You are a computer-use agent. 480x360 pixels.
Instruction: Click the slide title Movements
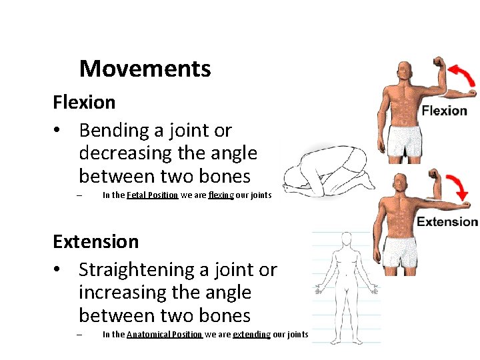tap(145, 69)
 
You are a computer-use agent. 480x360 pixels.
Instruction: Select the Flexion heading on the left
tap(84, 103)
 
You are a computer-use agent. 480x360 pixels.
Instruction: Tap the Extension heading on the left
tap(96, 241)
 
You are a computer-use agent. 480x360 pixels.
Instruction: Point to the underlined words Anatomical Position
tap(164, 335)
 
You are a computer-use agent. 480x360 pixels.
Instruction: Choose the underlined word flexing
tap(221, 195)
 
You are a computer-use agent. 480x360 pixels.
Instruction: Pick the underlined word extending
tap(251, 335)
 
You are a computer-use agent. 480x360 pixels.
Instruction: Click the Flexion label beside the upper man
tap(444, 111)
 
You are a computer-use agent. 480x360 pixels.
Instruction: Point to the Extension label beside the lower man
tap(447, 222)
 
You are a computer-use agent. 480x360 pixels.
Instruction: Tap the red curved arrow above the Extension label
tap(459, 186)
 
